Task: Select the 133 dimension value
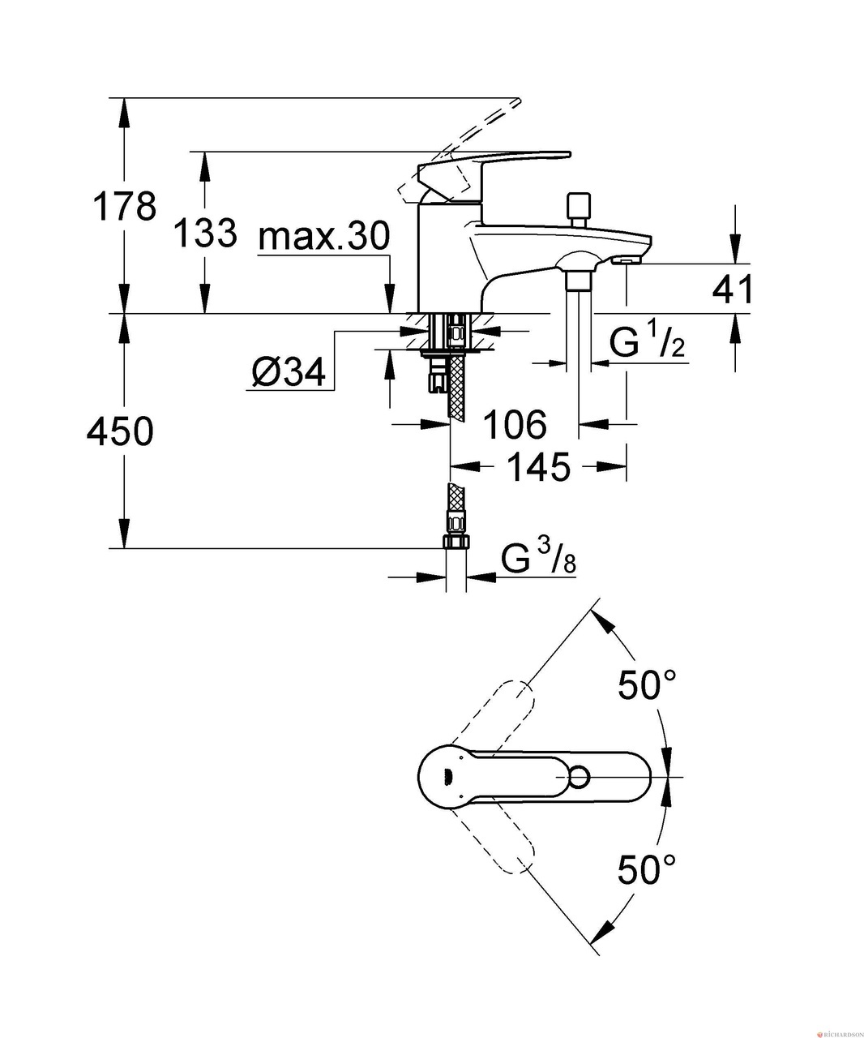coord(206,234)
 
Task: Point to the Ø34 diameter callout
coord(289,372)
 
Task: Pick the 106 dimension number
coord(515,424)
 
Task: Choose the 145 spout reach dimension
coord(538,467)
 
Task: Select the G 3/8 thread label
coord(538,559)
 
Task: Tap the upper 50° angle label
coord(647,686)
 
